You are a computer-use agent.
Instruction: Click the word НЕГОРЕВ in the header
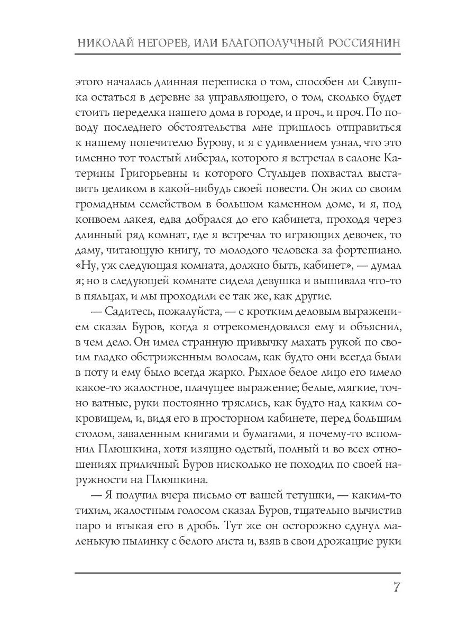click(159, 43)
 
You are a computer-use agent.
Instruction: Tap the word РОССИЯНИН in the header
click(362, 43)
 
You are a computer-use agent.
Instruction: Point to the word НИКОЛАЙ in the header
click(104, 43)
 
